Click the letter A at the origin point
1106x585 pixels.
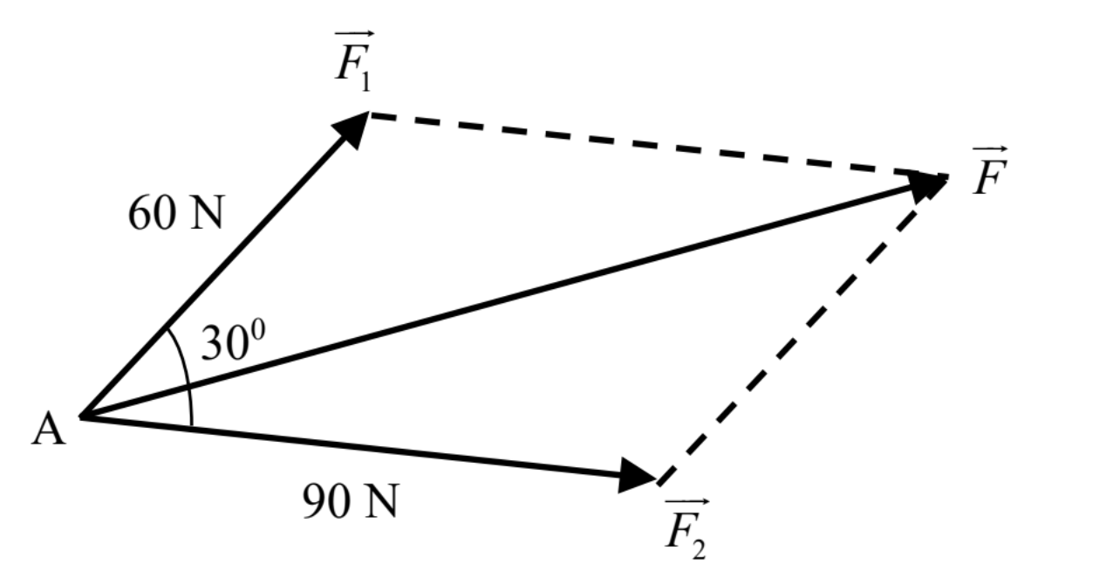click(48, 430)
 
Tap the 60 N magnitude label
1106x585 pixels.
click(176, 213)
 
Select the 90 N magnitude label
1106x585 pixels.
click(350, 500)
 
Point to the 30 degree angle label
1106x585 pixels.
click(233, 341)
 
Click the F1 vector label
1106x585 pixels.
click(353, 61)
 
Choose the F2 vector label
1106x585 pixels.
click(686, 528)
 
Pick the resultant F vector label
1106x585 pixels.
click(989, 170)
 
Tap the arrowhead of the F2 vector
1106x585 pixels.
click(637, 475)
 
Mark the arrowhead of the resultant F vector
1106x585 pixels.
click(928, 187)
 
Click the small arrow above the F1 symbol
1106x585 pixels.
click(354, 34)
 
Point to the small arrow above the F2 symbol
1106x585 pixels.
click(687, 501)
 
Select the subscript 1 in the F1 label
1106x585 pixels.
click(365, 81)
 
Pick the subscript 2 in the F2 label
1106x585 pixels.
click(699, 549)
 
